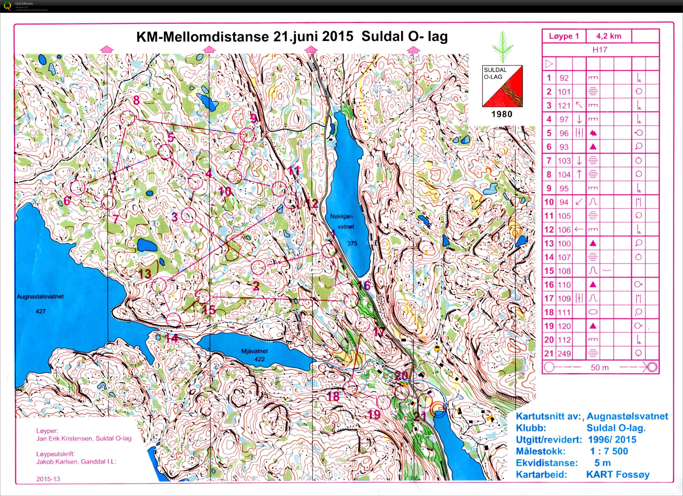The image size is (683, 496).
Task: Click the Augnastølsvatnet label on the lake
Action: (x=40, y=297)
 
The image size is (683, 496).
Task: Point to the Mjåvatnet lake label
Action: (x=255, y=351)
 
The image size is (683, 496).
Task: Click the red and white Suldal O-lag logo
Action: (x=502, y=86)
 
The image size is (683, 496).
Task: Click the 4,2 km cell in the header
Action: (x=609, y=36)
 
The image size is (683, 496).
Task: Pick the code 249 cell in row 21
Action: (x=564, y=354)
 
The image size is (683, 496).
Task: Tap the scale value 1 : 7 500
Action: (x=609, y=451)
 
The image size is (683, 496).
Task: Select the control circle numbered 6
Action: (x=78, y=187)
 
